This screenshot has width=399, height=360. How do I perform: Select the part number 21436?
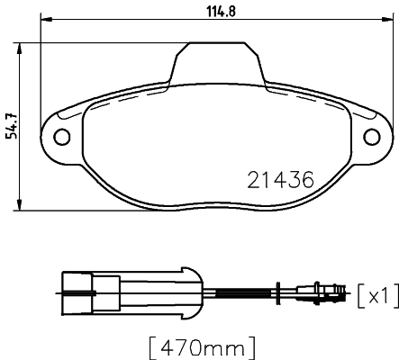(279, 179)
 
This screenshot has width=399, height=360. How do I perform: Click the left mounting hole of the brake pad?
(62, 137)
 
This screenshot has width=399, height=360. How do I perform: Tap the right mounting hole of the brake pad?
(372, 137)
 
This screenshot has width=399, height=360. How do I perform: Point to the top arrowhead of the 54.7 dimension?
(21, 45)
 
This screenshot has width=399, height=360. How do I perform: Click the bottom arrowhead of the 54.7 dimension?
(21, 206)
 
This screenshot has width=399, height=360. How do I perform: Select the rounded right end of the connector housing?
(191, 290)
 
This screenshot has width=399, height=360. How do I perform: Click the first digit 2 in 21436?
(253, 179)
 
